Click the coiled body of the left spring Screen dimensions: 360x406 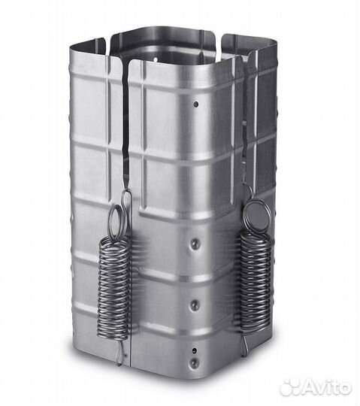click(x=113, y=287)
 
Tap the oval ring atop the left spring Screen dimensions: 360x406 click(x=118, y=221)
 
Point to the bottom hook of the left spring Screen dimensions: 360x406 click(x=119, y=352)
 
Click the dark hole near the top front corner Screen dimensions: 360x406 click(x=196, y=104)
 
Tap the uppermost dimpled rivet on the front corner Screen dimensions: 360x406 click(x=195, y=243)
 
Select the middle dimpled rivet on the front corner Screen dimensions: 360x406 click(x=194, y=304)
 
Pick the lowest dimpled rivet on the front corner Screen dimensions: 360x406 click(x=193, y=362)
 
